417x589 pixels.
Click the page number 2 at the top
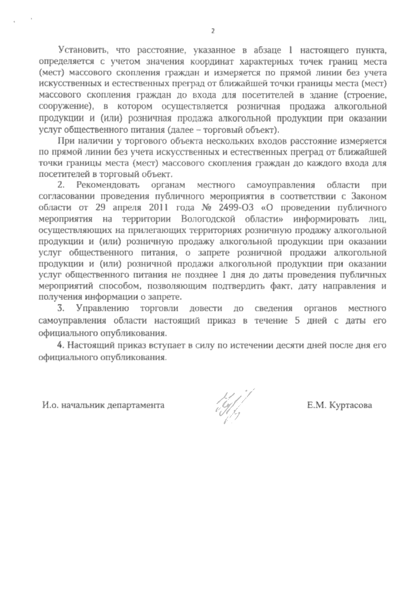point(213,32)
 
